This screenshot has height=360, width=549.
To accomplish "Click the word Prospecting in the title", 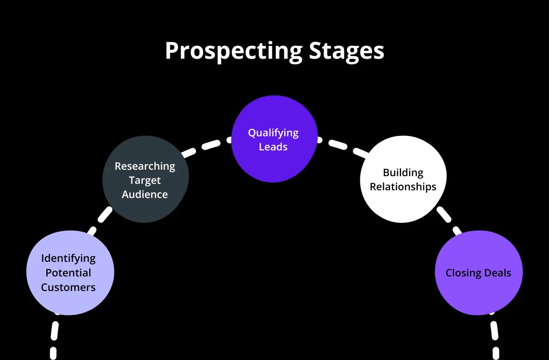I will tap(233, 51).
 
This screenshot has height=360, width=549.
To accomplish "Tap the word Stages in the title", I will tap(347, 51).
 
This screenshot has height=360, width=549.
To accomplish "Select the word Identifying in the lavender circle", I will tap(68, 258).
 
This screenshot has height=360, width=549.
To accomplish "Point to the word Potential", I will tap(68, 273).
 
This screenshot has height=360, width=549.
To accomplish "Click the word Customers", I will tap(68, 287).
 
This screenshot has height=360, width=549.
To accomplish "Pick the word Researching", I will tap(145, 166).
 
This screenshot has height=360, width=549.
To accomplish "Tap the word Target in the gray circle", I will tap(145, 180).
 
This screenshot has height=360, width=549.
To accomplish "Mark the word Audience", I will tap(145, 195).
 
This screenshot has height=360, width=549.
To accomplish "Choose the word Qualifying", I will tap(273, 133).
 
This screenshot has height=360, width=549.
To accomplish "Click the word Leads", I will tap(273, 147).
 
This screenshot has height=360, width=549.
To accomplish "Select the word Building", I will tap(403, 173).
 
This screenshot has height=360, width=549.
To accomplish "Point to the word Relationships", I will tap(403, 187).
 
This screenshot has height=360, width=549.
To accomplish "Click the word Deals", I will tap(498, 273).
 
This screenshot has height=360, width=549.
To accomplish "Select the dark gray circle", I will tap(145, 210).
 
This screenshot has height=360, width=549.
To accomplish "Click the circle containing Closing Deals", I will tap(479, 296).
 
